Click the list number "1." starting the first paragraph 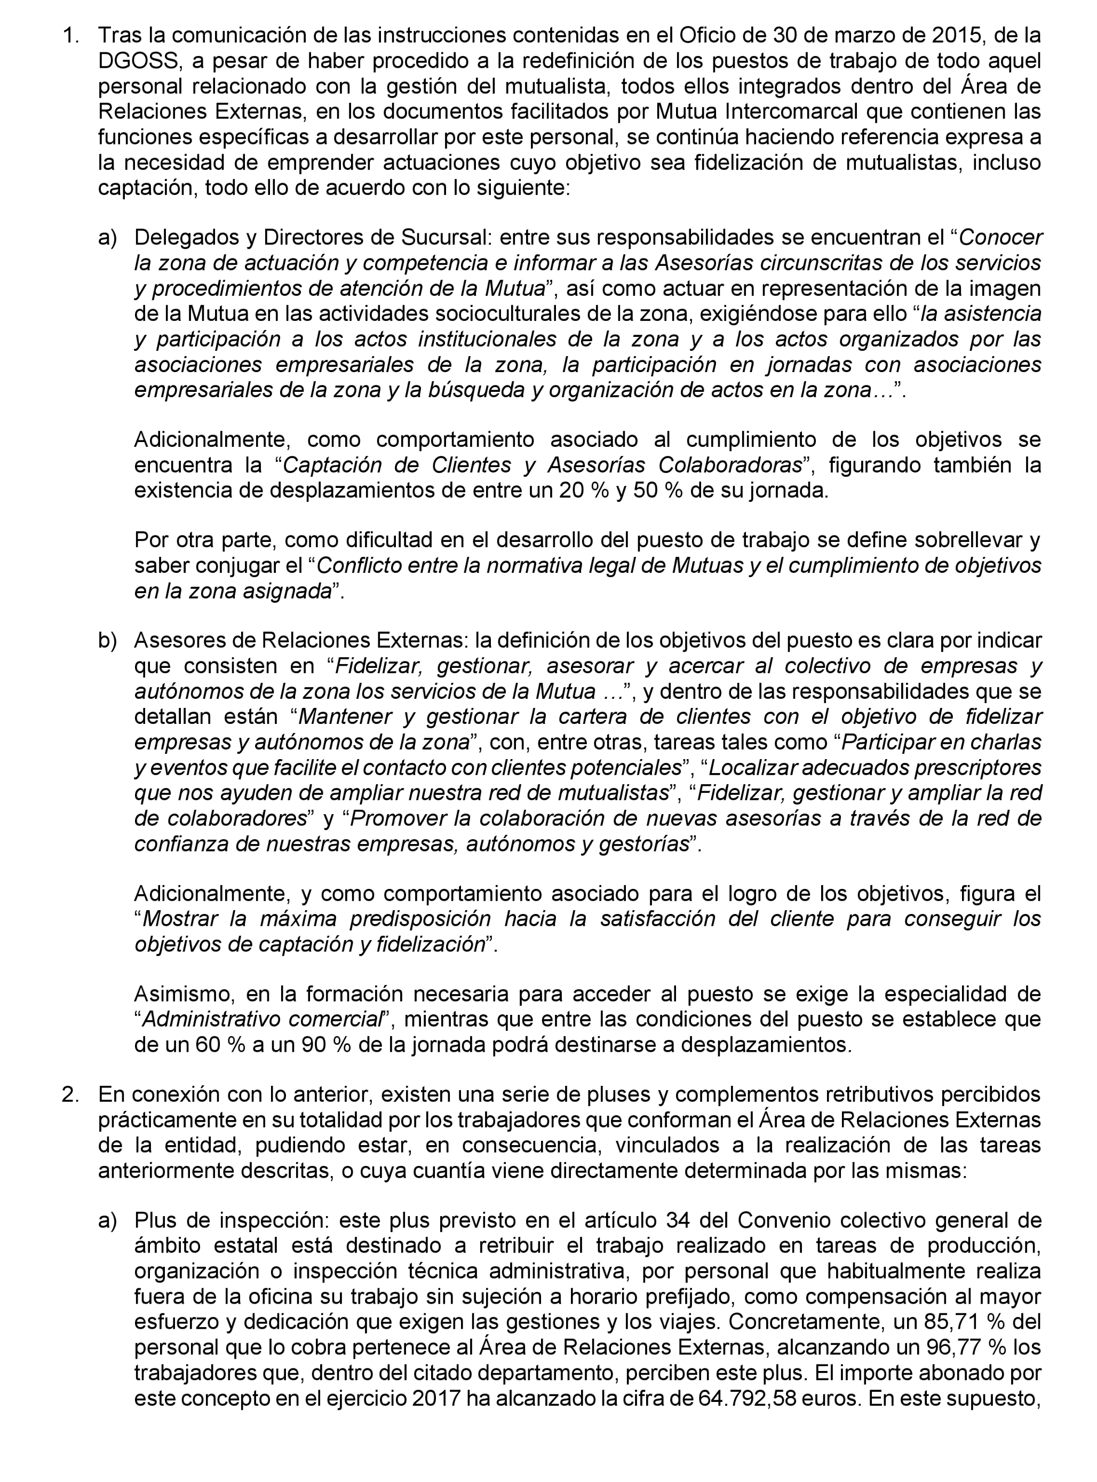coord(71,35)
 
